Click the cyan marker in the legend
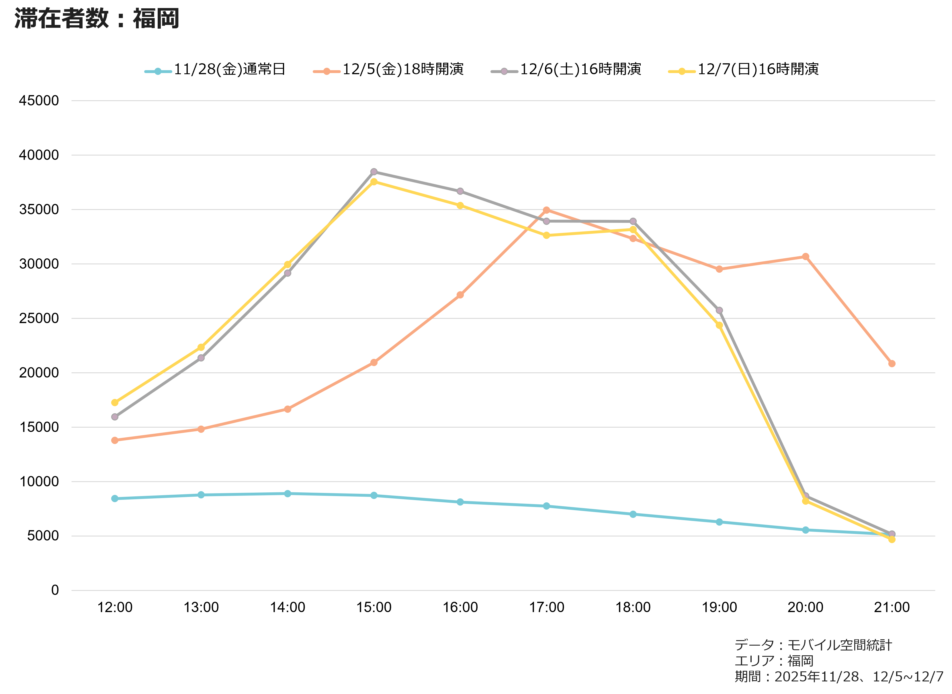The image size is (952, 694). [158, 71]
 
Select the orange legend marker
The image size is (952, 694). [327, 71]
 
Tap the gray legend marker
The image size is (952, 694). [504, 71]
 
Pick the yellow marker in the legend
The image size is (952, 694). [682, 71]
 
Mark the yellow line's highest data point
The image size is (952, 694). [374, 182]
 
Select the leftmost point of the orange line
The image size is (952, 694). [115, 440]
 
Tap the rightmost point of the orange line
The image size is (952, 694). [892, 364]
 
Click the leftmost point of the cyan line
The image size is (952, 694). [115, 499]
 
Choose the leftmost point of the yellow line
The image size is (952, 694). [115, 402]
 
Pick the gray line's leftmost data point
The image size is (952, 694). [115, 417]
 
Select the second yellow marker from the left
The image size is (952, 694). [201, 347]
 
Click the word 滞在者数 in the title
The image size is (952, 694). [61, 19]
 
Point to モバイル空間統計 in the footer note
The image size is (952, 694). [839, 645]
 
